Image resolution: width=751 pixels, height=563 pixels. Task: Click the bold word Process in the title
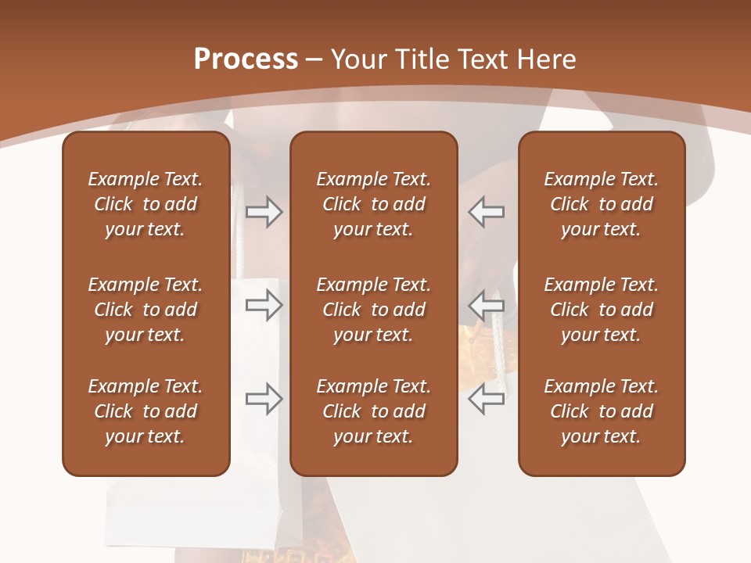tap(246, 59)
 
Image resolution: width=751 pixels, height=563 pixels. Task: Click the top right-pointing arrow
tap(264, 212)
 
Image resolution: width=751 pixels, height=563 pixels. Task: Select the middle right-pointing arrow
tap(264, 305)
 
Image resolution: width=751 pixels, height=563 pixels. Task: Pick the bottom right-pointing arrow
tap(264, 399)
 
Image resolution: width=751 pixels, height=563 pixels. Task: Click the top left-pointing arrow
tap(487, 212)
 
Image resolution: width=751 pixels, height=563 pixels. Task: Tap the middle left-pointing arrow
tap(487, 305)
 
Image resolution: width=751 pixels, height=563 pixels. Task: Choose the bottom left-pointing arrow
tap(487, 399)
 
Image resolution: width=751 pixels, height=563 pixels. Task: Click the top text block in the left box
tap(146, 204)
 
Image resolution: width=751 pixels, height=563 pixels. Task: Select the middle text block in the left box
tap(146, 310)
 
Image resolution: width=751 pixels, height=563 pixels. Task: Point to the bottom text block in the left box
tap(146, 411)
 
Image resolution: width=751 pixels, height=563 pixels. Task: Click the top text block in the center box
tap(373, 204)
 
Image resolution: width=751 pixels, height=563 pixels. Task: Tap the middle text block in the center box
tap(373, 310)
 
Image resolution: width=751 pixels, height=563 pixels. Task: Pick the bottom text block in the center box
tap(373, 411)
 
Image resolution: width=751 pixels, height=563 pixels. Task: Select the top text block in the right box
tap(601, 204)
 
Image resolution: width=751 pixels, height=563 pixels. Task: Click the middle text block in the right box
tap(601, 310)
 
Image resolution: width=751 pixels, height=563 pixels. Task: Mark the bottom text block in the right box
tap(601, 411)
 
